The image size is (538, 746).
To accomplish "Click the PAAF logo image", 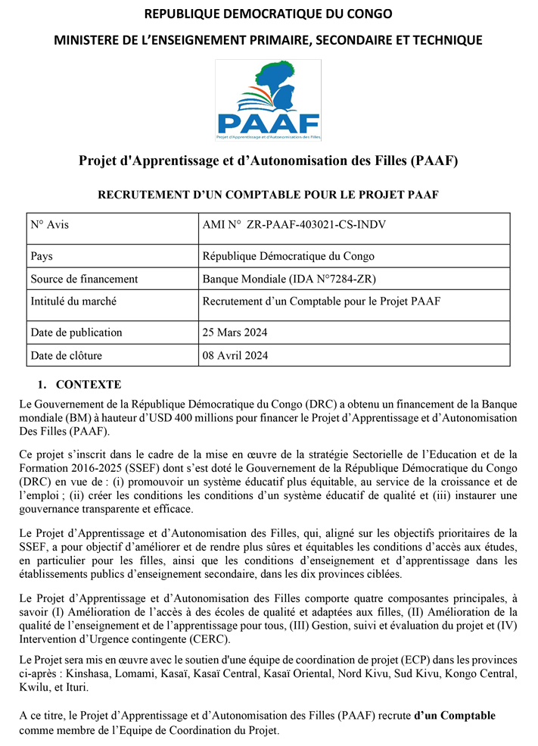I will click(x=268, y=100).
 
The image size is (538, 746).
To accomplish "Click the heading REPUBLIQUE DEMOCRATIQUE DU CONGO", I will click(x=268, y=14).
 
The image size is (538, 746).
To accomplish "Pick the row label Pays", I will click(x=42, y=256).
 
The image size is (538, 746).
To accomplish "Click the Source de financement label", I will click(x=84, y=279).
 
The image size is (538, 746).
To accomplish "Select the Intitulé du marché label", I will click(x=73, y=301).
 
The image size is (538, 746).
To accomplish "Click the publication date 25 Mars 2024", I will click(x=235, y=332).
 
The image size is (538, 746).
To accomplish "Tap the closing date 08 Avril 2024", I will click(x=235, y=355).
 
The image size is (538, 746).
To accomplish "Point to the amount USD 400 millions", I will click(x=241, y=418).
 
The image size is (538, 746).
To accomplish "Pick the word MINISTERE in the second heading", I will click(x=89, y=40).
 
